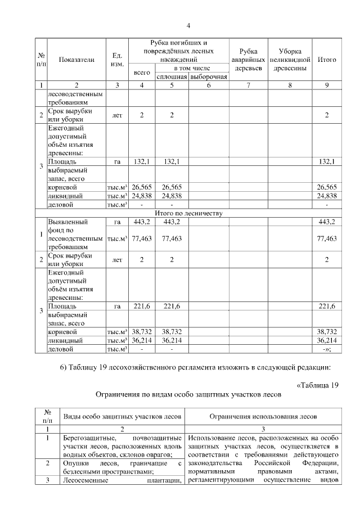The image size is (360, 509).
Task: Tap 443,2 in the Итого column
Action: pyautogui.click(x=327, y=222)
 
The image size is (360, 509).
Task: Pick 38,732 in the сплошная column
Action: pyautogui.click(x=172, y=332)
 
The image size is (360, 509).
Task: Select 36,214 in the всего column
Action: pyautogui.click(x=142, y=340)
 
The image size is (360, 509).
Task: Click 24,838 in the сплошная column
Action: pyautogui.click(x=172, y=196)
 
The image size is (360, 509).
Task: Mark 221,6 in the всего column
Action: pyautogui.click(x=142, y=306)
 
